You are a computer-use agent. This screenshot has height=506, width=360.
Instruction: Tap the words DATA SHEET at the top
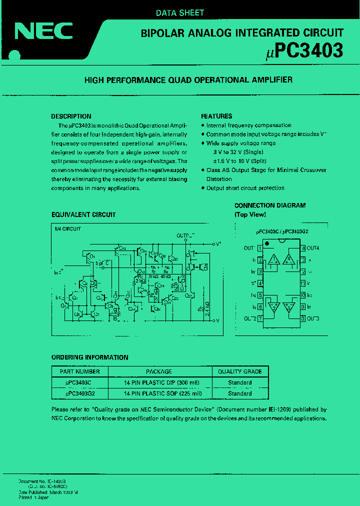[180, 13]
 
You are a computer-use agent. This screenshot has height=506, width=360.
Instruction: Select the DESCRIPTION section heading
[71, 116]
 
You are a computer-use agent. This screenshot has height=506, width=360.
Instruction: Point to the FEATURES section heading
[216, 116]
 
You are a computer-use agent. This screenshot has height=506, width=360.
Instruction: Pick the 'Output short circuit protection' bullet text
[245, 188]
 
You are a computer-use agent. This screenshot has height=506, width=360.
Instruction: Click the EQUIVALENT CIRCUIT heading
[83, 214]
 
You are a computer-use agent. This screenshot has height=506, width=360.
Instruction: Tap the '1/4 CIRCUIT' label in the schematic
[67, 228]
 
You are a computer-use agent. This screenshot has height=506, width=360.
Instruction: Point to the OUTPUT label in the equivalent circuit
[185, 235]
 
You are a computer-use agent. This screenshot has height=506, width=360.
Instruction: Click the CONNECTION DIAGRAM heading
[270, 205]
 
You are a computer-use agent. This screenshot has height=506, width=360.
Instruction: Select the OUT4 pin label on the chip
[312, 248]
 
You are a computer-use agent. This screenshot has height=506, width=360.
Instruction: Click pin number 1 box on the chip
[260, 248]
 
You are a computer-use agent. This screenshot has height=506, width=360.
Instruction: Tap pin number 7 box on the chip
[260, 318]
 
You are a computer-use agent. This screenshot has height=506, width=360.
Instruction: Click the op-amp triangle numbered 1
[273, 260]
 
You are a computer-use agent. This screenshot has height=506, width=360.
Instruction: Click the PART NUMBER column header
[79, 371]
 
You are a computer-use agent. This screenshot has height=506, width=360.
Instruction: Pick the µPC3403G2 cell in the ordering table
[79, 393]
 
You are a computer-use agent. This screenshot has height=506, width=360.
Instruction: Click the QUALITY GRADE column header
[240, 371]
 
